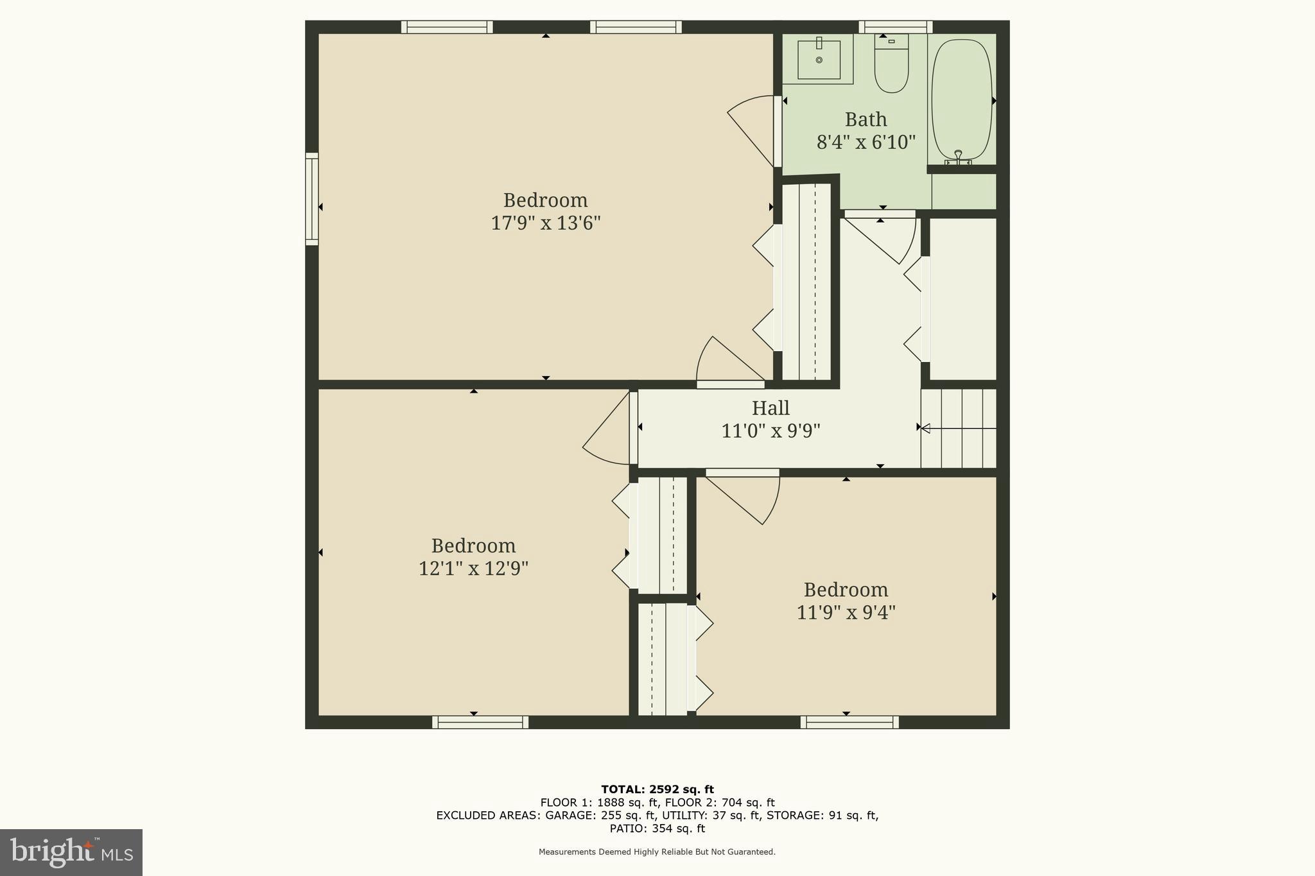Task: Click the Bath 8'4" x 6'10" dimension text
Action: coord(866,142)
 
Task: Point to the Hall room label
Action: coord(771,408)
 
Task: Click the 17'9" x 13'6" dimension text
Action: coord(545,223)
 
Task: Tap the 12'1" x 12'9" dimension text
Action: coord(473,569)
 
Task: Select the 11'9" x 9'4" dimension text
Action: coord(846,612)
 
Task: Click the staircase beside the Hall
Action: coord(959,428)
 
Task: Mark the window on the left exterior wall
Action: coord(311,199)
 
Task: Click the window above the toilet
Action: coord(895,27)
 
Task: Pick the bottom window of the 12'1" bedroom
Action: coord(480,722)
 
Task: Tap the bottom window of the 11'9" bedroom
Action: coord(849,722)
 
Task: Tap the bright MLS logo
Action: coord(71,852)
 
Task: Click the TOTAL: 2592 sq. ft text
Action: coord(657,789)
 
